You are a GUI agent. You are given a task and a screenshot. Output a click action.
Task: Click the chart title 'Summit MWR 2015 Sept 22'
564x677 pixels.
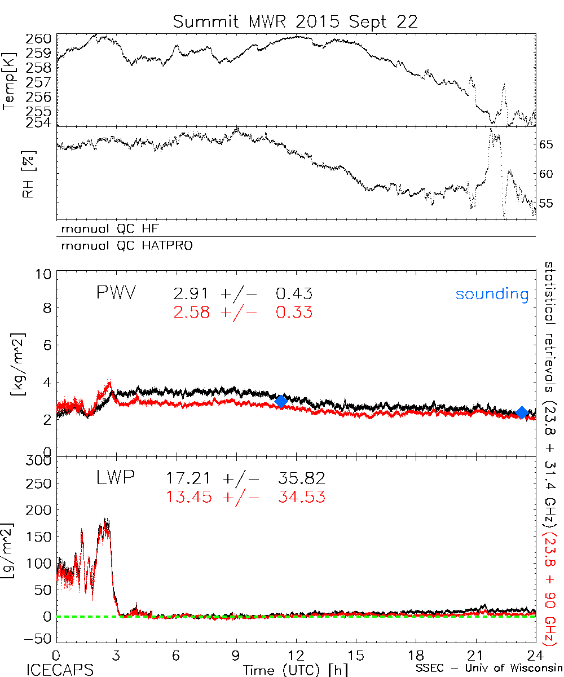tap(296, 22)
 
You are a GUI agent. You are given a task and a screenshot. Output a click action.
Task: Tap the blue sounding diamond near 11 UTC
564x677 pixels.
tap(281, 401)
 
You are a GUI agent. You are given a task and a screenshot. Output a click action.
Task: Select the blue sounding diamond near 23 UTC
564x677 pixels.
tap(522, 413)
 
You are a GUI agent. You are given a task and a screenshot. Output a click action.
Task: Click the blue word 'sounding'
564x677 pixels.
tap(492, 294)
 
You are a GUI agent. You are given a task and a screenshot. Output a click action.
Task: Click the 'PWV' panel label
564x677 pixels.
tap(117, 293)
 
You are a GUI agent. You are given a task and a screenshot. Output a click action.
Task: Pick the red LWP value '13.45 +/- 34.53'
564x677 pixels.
tap(245, 497)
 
